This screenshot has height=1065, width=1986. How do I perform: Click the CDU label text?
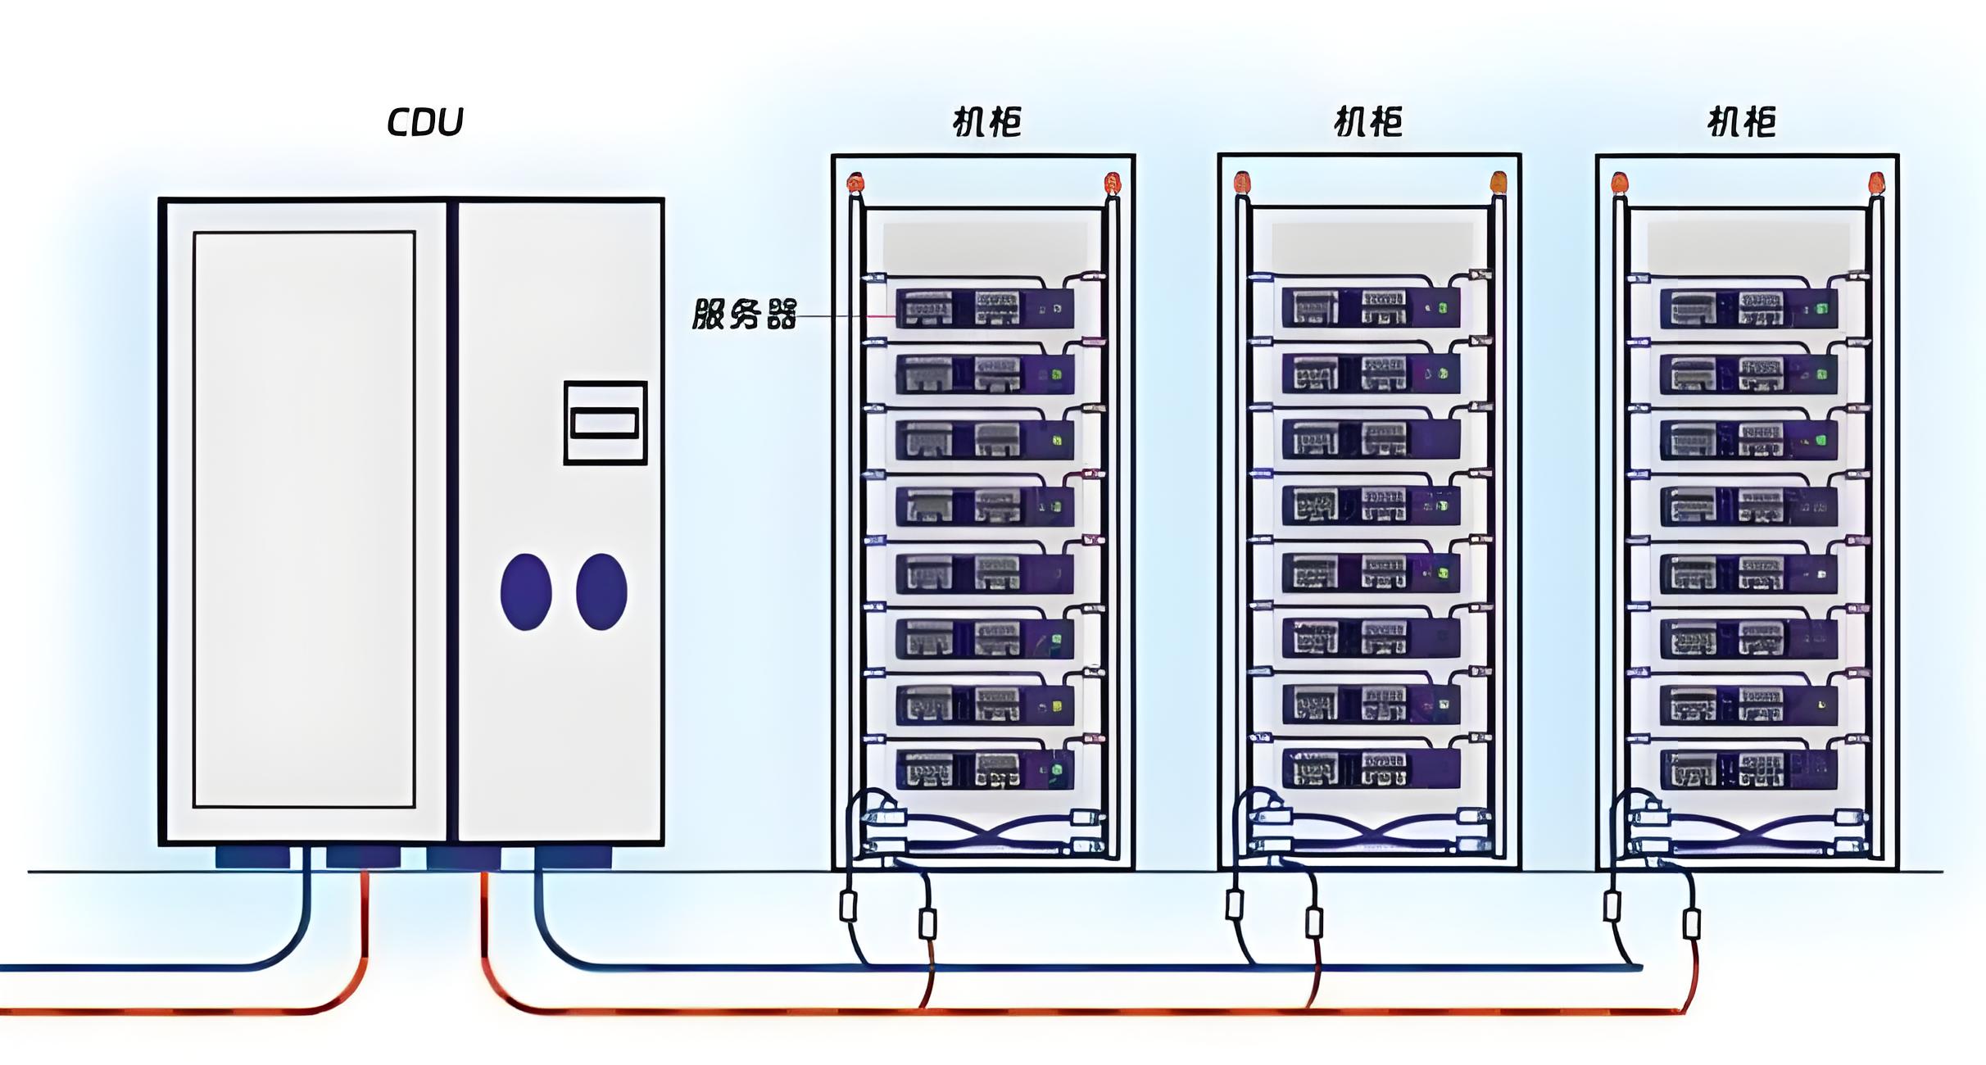tap(424, 122)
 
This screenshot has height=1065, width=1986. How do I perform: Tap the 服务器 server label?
tap(744, 314)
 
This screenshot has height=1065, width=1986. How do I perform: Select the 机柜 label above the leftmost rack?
tap(986, 122)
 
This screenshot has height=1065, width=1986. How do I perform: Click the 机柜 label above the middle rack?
tap(1368, 122)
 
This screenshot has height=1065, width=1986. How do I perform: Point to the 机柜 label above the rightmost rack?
tap(1741, 123)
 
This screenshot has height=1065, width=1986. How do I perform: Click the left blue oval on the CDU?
tap(526, 591)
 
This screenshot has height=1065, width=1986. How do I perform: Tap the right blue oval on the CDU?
tap(601, 591)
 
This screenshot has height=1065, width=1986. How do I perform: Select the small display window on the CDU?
tap(605, 423)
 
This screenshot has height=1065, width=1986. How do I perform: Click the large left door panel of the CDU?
tap(304, 519)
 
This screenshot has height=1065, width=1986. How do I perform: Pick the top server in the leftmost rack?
tap(984, 309)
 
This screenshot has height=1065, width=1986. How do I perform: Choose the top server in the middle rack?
tap(1370, 308)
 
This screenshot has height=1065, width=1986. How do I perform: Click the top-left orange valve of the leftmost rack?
tap(855, 182)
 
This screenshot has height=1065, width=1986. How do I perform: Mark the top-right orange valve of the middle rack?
tap(1498, 181)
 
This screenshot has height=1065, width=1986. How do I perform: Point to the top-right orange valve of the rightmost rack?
tap(1875, 182)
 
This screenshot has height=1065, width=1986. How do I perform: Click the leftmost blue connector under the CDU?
tap(252, 858)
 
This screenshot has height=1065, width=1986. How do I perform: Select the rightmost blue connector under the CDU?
tap(573, 858)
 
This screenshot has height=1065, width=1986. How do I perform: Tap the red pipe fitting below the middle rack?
tap(1314, 923)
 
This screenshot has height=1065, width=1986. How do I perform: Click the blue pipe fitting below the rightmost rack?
tap(1612, 905)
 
